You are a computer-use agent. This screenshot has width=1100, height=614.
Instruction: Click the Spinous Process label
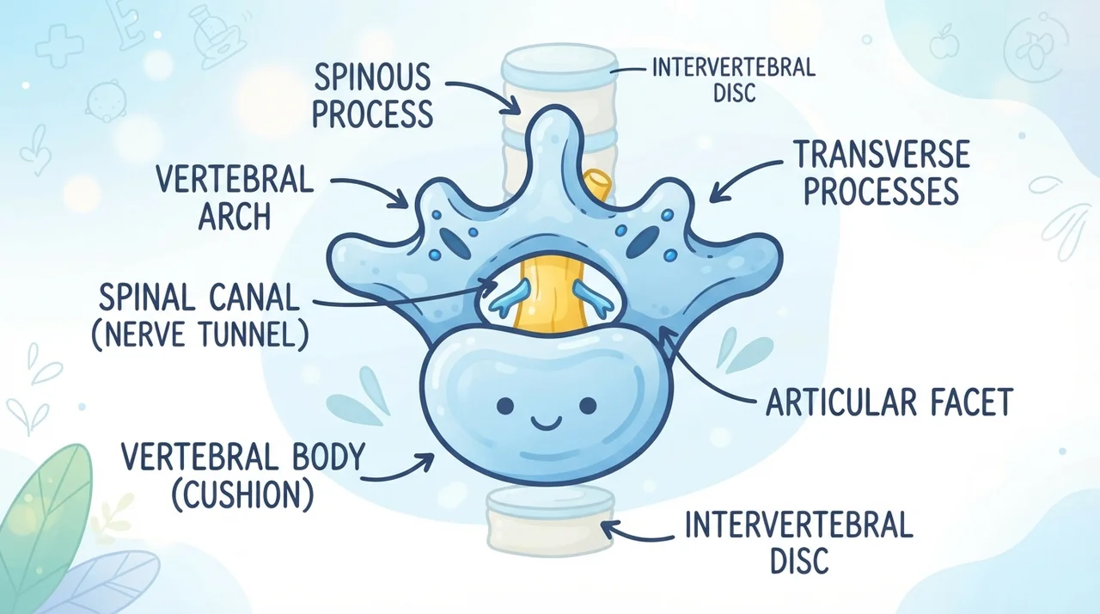click(373, 95)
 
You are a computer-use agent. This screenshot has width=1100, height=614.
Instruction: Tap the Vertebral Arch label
click(235, 198)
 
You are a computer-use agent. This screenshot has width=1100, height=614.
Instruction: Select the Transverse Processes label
click(882, 173)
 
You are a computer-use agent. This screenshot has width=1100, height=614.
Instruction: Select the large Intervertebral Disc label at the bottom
click(799, 543)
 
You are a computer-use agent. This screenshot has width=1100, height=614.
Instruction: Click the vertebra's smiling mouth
click(547, 422)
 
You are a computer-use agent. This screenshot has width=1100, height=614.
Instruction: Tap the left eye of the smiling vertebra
click(505, 406)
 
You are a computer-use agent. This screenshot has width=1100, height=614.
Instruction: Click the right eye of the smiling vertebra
click(588, 406)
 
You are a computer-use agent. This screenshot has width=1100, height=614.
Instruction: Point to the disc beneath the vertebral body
click(551, 523)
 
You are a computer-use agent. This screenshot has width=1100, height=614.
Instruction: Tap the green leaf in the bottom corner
click(46, 520)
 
